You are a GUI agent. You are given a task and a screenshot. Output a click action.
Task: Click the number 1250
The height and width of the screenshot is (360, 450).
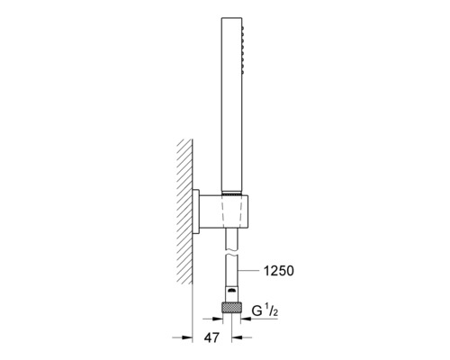(x=279, y=271)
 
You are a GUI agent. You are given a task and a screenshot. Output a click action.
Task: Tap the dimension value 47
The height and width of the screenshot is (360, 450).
(x=211, y=337)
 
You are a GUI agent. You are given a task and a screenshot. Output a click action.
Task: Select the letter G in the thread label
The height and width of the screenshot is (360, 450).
(x=257, y=311)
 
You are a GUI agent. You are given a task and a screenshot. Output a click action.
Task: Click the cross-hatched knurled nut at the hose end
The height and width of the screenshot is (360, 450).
(x=231, y=308)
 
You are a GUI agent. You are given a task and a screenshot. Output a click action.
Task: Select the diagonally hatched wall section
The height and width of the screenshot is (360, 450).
(x=184, y=211)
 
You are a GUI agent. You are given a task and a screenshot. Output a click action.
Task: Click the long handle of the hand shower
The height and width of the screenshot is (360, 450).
(x=231, y=104)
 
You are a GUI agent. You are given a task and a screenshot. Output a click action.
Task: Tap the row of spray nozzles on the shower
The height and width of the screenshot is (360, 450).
(x=243, y=49)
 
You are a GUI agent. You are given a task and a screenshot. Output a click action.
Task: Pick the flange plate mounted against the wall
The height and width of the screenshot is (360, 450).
(x=196, y=211)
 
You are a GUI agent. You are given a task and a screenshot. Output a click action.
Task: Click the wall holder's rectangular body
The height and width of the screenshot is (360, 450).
(x=223, y=211)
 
